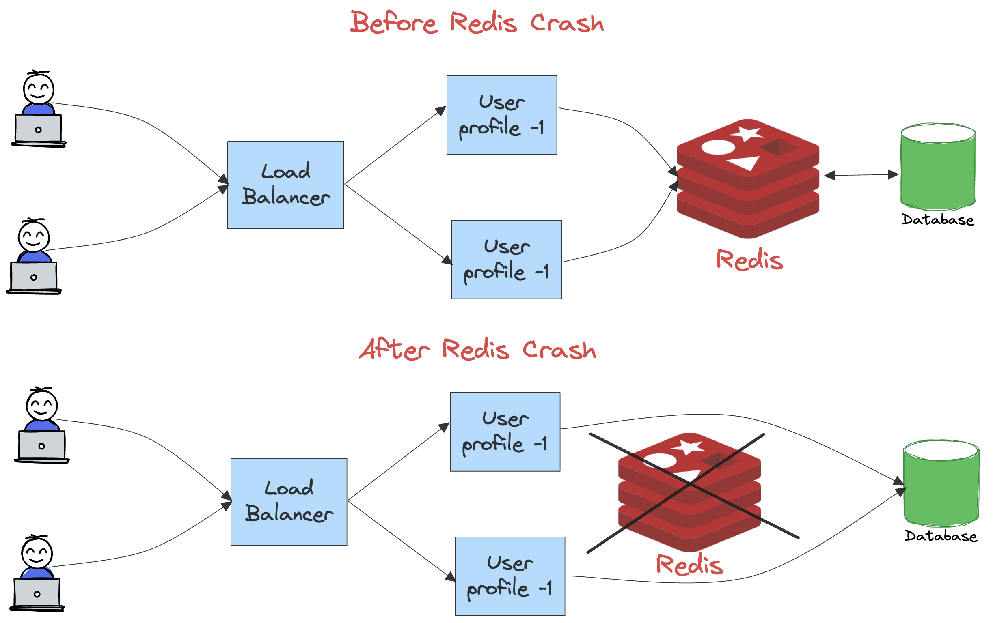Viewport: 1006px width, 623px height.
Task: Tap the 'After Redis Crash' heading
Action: (477, 349)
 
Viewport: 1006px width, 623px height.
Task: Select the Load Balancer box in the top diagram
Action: (285, 185)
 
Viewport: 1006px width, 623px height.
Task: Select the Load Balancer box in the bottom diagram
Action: (289, 501)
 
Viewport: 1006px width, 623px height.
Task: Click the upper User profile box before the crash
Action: (501, 115)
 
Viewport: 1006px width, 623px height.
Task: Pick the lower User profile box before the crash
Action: (506, 259)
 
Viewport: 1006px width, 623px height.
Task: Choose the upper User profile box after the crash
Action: (505, 432)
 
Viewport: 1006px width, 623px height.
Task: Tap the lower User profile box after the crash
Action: (509, 576)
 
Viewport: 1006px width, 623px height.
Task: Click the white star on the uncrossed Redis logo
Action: (746, 133)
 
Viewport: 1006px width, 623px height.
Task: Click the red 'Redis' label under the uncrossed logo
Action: (749, 260)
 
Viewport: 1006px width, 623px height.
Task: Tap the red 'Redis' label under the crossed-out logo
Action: (689, 565)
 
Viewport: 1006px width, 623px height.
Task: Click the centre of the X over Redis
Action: (690, 485)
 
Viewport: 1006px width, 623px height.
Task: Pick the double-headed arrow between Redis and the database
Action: (861, 175)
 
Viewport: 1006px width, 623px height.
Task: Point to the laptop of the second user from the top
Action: (34, 277)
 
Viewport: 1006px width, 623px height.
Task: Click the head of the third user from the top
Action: (42, 405)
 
